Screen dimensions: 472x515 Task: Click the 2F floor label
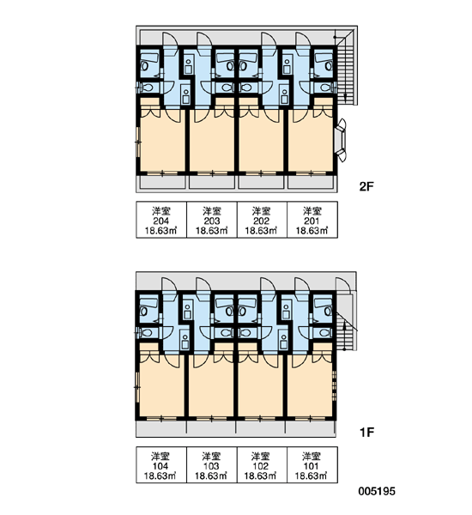point(366,187)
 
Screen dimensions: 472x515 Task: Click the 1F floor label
point(367,433)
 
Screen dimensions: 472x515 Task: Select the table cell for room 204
point(161,220)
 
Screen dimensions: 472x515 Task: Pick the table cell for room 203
point(212,220)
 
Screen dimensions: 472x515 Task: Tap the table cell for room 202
point(262,220)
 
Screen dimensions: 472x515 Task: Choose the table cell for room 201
point(312,220)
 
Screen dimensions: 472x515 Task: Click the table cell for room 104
point(161,464)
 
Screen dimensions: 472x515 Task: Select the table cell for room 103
point(212,464)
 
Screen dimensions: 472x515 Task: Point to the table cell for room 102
point(262,464)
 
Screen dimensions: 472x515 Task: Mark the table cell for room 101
point(312,464)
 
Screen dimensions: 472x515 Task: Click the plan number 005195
point(377,491)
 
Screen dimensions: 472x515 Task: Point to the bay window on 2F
point(340,140)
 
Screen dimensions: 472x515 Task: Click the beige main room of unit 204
point(162,142)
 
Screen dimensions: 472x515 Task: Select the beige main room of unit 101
point(310,388)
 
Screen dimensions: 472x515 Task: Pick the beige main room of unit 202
point(261,142)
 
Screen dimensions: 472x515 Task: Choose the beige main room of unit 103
point(211,388)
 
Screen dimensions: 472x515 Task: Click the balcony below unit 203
point(212,182)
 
